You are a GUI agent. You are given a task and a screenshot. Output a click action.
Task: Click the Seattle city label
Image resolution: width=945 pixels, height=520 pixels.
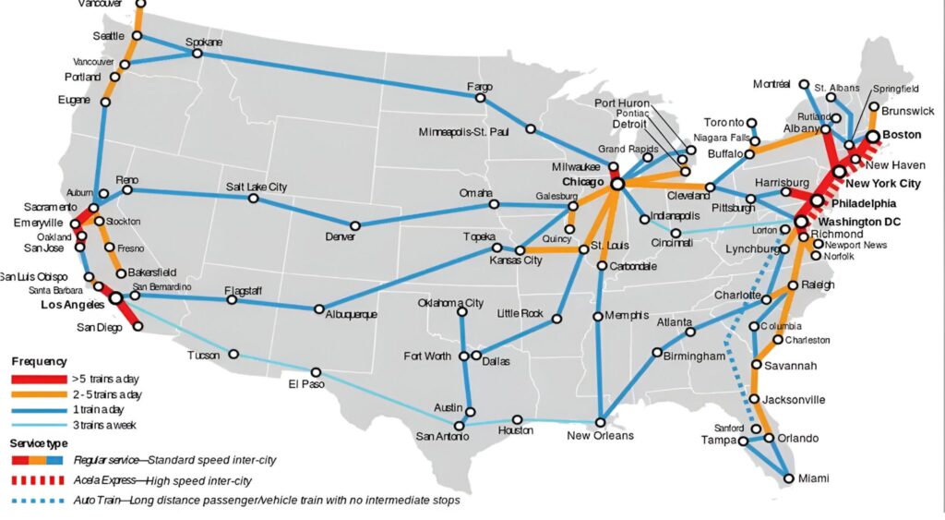point(108,36)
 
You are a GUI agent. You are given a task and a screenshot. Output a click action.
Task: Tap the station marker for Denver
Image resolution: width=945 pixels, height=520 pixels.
point(354,225)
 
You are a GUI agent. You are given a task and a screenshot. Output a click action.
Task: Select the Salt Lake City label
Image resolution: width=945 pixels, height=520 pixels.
point(257,187)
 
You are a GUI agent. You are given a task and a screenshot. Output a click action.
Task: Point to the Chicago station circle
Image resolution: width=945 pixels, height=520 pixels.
point(617,184)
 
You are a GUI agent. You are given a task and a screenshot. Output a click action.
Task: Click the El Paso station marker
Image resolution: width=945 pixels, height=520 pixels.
point(316,372)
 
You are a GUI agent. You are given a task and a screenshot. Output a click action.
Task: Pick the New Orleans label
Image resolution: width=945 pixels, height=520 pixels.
point(600,435)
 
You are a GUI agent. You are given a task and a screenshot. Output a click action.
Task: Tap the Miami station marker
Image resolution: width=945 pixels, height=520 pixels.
point(788,478)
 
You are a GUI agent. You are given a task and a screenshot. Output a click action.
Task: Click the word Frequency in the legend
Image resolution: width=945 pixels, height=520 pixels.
point(38,361)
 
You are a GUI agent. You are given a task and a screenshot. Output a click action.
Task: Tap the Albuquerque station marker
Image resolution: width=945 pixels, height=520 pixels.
point(319,309)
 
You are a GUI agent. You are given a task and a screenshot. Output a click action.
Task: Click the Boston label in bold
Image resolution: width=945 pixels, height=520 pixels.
point(902,135)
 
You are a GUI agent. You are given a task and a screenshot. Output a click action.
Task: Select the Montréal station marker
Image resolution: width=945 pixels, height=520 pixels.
point(805,84)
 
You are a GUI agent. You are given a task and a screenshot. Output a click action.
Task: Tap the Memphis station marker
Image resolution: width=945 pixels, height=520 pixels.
point(598,316)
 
